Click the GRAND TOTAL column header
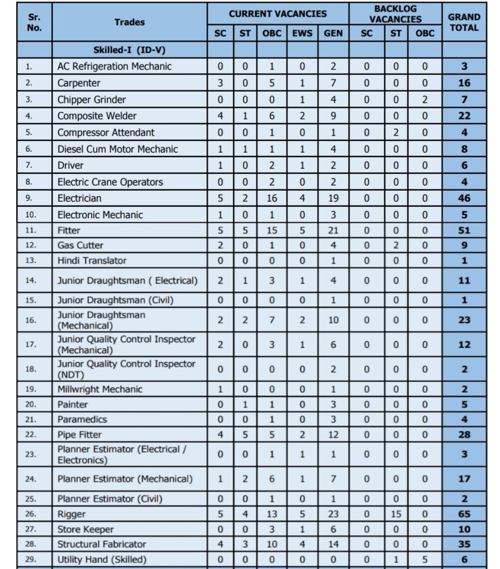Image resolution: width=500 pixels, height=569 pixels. [x=464, y=22]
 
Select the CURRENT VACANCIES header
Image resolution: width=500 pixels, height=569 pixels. [x=278, y=13]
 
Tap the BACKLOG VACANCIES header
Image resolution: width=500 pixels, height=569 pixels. [x=395, y=14]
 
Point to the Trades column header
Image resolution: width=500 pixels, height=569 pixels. [x=129, y=22]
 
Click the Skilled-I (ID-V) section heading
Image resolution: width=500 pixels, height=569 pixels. [x=129, y=50]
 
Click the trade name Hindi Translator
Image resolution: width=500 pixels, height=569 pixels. [x=92, y=261]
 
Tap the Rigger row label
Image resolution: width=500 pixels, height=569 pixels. [x=72, y=514]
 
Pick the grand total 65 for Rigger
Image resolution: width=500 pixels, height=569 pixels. [x=464, y=514]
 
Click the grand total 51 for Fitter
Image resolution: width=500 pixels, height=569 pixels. [x=464, y=230]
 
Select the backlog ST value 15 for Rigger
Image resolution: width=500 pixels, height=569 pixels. [x=395, y=514]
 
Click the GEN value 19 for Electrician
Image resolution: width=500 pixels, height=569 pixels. [x=333, y=198]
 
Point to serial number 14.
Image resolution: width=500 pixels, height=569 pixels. [x=30, y=281]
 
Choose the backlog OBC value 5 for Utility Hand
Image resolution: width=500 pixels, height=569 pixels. [x=424, y=560]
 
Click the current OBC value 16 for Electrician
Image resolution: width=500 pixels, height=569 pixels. [x=272, y=198]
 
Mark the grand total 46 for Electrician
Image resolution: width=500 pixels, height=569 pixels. [x=464, y=198]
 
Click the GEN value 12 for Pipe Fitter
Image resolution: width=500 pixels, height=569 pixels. [x=333, y=435]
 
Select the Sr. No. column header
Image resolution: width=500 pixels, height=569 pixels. [x=34, y=22]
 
